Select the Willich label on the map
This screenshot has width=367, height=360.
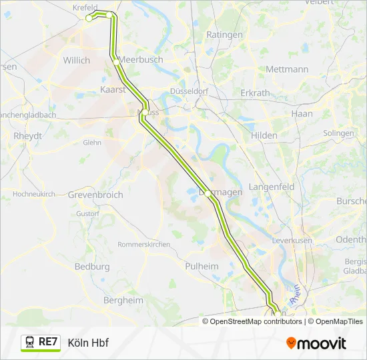[x=76, y=60]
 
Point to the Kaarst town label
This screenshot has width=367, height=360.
[x=113, y=89]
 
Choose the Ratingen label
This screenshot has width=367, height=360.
[x=224, y=34]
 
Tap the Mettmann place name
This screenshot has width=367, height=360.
[x=287, y=69]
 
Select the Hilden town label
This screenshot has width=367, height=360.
[x=264, y=135]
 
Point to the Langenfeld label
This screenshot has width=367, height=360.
[x=272, y=187]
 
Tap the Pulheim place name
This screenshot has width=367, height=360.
[x=201, y=266]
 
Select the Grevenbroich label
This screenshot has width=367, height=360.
[x=95, y=195]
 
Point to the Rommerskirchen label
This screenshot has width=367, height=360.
[x=144, y=245]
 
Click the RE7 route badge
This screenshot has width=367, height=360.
[x=41, y=343]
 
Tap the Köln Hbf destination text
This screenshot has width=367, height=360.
[x=88, y=343]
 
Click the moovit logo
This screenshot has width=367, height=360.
[x=316, y=343]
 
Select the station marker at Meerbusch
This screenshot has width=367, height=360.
[x=116, y=62]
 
